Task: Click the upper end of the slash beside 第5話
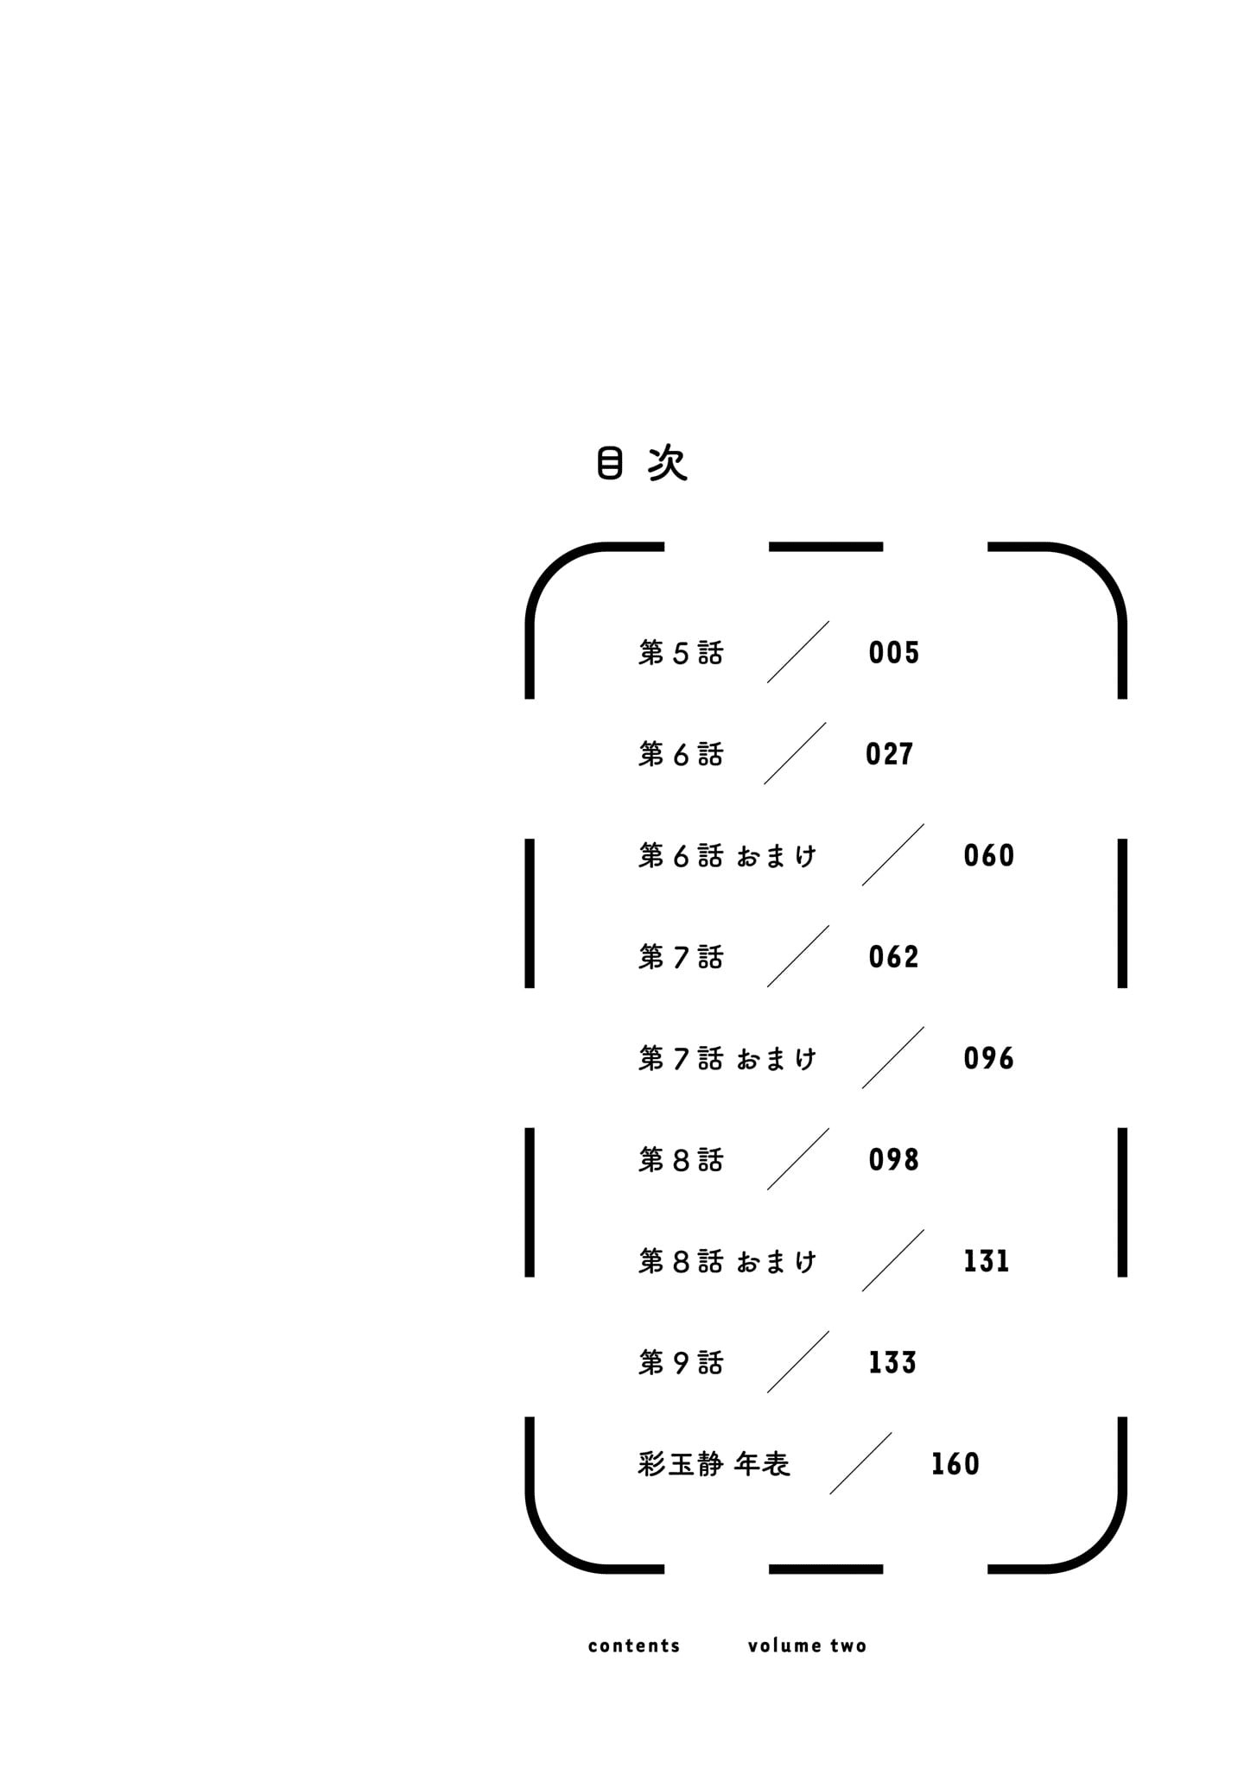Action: coord(828,621)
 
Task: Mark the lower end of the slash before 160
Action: coord(830,1493)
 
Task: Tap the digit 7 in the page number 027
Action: coord(905,754)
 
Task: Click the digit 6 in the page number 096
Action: coord(1005,1058)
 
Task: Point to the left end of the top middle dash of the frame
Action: coord(769,547)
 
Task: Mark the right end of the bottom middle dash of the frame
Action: coord(883,1569)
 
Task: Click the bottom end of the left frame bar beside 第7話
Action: coord(530,987)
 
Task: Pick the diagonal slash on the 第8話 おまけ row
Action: coord(892,1260)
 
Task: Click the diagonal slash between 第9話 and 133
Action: coord(797,1362)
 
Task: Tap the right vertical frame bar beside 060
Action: coord(1122,913)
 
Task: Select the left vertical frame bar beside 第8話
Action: coord(530,1202)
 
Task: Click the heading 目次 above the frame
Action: coord(642,464)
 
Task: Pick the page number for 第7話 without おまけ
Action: coord(893,957)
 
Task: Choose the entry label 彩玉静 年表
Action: coord(714,1464)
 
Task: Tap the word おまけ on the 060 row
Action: coord(776,856)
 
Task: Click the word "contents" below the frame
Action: coord(634,1645)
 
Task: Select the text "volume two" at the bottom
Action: coord(807,1645)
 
